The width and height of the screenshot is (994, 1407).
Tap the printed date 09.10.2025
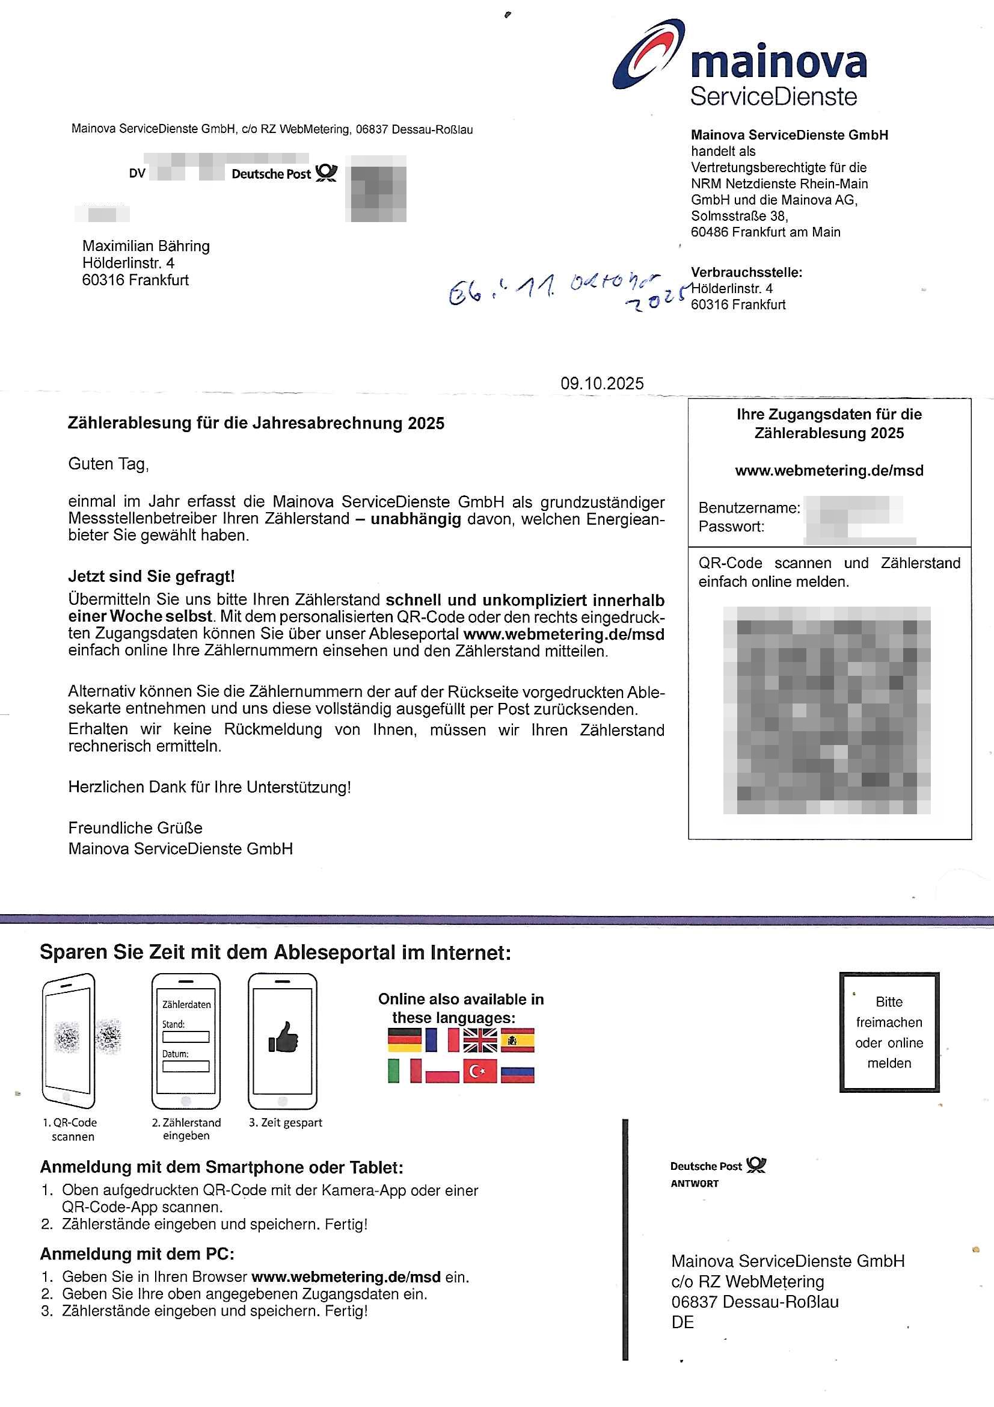pyautogui.click(x=601, y=383)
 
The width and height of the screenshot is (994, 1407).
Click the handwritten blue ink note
pyautogui.click(x=563, y=292)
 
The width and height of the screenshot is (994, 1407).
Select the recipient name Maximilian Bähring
pyautogui.click(x=146, y=246)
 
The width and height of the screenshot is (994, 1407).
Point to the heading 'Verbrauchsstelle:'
pyautogui.click(x=746, y=272)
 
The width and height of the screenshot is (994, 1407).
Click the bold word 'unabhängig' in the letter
pyautogui.click(x=416, y=519)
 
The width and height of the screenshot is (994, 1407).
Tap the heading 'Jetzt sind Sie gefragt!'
pyautogui.click(x=152, y=576)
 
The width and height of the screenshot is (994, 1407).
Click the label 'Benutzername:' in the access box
pyautogui.click(x=749, y=508)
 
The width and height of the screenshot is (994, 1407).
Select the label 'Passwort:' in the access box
pyautogui.click(x=731, y=527)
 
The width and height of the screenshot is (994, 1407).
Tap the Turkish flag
pyautogui.click(x=479, y=1071)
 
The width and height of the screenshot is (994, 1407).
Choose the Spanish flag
pyautogui.click(x=518, y=1041)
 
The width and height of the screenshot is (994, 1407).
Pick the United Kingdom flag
pyautogui.click(x=479, y=1041)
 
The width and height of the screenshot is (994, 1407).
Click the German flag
pyautogui.click(x=405, y=1041)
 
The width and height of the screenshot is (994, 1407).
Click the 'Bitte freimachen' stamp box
pyautogui.click(x=889, y=1032)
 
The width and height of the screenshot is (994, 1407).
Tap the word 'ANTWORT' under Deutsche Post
pyautogui.click(x=695, y=1183)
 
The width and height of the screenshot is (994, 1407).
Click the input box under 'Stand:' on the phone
pyautogui.click(x=186, y=1036)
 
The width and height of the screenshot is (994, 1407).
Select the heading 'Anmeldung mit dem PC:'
pyautogui.click(x=137, y=1254)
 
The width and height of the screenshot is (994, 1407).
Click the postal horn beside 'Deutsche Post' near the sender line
pyautogui.click(x=327, y=173)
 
